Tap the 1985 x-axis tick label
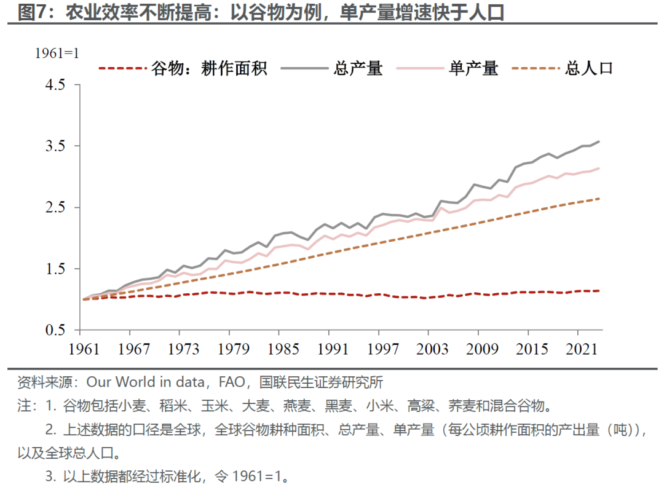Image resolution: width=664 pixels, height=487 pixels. coord(282,349)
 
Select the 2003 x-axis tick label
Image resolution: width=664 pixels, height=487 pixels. coord(432,349)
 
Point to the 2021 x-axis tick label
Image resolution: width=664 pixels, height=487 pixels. coord(582,349)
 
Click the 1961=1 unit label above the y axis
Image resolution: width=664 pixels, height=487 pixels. coord(57,53)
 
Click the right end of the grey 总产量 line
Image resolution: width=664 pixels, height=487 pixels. coord(599,141)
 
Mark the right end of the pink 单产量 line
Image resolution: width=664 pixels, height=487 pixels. coord(599,168)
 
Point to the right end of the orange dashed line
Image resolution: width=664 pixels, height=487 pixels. coord(599,198)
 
